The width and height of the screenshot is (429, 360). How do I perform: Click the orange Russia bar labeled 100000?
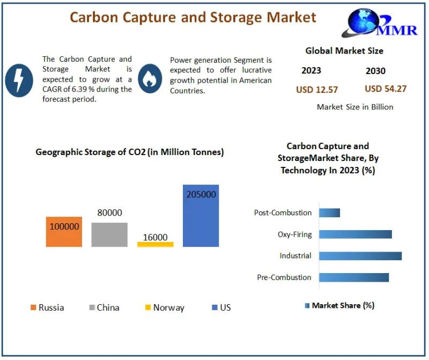pos(64,232)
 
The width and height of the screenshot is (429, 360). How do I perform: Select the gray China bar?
pos(109,234)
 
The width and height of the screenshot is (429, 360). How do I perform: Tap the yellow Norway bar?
pos(156,244)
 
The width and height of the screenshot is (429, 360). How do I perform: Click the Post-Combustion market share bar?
pos(330,212)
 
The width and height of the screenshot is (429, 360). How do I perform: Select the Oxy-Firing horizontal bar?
pos(356,234)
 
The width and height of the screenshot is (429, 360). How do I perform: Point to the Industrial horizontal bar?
pos(360,256)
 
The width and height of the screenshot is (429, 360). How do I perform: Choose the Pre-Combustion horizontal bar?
pos(354,277)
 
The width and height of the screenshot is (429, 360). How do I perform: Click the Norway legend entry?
pos(165,307)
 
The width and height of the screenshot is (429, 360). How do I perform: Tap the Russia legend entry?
pos(47,307)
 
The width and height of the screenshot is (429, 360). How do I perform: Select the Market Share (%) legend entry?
pos(339,305)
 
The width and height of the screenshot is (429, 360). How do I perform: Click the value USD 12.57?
pos(317,90)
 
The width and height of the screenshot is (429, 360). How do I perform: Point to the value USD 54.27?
pos(386,89)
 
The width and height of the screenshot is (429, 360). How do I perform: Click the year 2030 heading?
pos(375,71)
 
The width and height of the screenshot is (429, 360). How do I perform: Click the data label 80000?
pos(109,212)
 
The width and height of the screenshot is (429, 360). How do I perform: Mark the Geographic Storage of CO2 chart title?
pos(130,152)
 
